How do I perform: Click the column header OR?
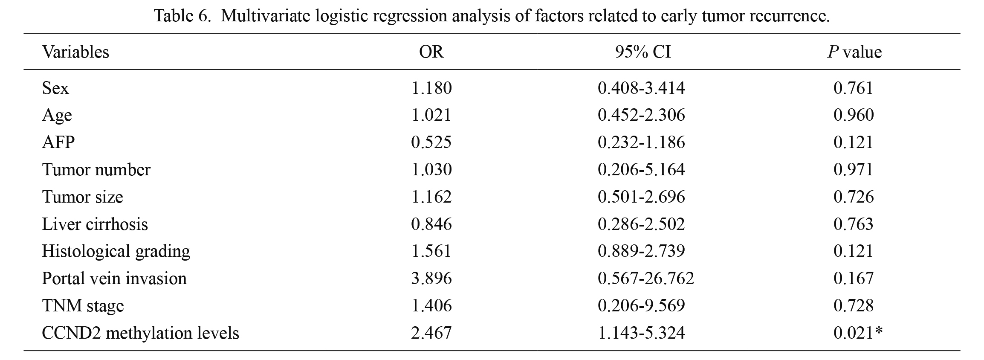coord(431,52)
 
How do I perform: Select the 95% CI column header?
coord(642,52)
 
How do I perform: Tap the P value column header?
coord(854,52)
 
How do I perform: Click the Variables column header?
coord(75,52)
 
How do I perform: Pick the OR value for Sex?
coord(431,88)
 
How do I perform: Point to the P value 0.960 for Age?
coord(854,115)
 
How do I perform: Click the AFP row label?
coord(58,142)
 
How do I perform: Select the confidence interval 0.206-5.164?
coord(641,169)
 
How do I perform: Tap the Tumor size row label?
coord(82,197)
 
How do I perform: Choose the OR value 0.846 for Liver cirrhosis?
coord(431,224)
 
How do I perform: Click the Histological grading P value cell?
coord(854,251)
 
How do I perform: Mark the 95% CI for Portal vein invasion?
coord(646,278)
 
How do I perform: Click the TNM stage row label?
coord(83,305)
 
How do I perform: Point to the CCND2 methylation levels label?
coord(140,333)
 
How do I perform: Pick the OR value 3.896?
coord(431,278)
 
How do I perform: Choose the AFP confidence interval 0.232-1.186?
coord(641,142)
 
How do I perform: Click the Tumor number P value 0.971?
coord(854,169)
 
